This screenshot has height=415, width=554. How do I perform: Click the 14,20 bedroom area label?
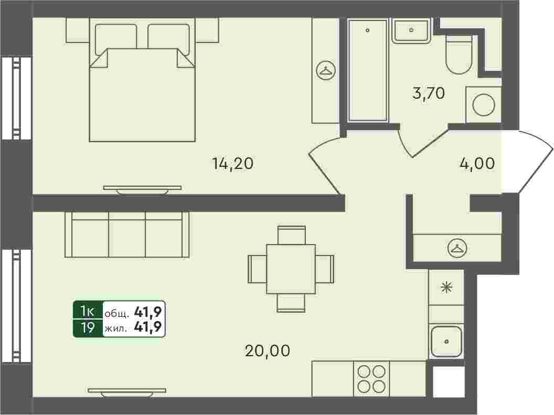pos(233,164)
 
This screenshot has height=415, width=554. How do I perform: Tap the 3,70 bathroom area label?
pos(428,93)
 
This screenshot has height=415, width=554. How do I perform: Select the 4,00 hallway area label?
pos(477,164)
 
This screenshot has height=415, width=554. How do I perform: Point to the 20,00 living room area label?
pos(268,350)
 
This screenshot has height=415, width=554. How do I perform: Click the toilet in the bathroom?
pos(459,54)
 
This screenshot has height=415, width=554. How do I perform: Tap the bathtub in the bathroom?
pos(368,70)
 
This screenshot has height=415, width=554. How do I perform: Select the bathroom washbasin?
pos(411,30)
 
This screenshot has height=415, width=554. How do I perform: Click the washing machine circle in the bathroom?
pos(484,105)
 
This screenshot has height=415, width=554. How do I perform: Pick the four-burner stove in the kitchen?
pos(371,379)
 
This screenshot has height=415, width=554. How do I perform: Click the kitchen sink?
pos(446,342)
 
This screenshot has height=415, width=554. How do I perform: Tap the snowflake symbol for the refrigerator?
pos(446,288)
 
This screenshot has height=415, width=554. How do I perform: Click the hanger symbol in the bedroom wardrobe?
pos(326,70)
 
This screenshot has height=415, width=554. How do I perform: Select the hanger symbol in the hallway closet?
pos(457,248)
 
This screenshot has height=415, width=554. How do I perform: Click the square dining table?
pos(291,269)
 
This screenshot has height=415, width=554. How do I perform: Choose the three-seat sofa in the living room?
pos(127,235)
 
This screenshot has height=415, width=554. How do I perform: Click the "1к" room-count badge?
pos(87,311)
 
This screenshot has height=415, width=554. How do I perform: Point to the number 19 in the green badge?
pos(87,328)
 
